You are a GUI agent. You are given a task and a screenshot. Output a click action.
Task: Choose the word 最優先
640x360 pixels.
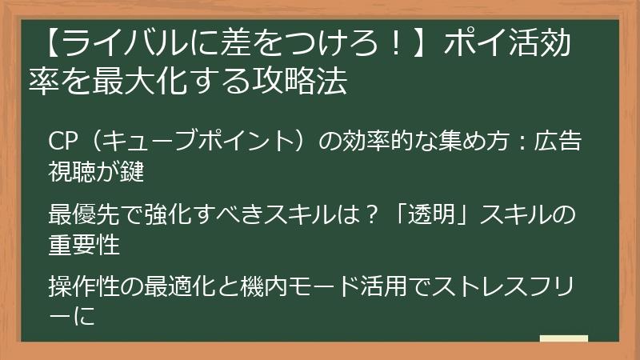click(x=83, y=215)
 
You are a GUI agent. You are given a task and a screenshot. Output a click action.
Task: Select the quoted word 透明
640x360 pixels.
click(x=447, y=215)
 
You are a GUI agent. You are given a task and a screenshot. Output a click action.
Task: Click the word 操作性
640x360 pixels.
click(x=83, y=286)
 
